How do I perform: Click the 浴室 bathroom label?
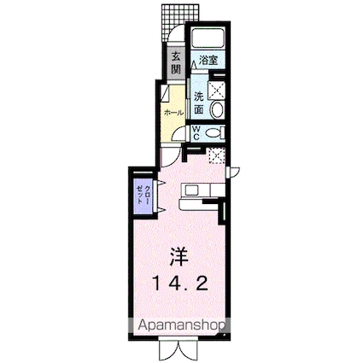click(208, 60)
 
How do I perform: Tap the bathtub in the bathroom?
click(206, 39)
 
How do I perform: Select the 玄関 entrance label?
click(174, 63)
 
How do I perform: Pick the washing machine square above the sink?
click(216, 88)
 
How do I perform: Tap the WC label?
click(196, 132)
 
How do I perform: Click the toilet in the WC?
click(214, 132)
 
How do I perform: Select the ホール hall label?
click(173, 112)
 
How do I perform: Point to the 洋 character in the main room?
click(178, 255)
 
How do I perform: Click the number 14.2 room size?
click(177, 283)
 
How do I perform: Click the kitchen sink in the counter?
click(192, 189)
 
